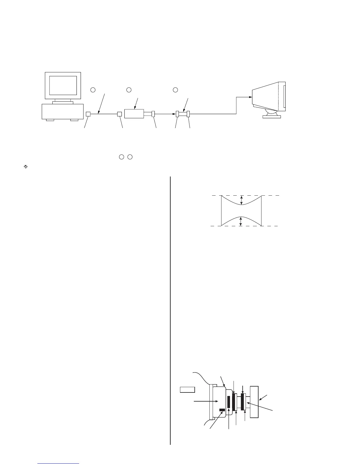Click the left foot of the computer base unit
click(50, 120)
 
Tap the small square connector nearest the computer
click(88, 114)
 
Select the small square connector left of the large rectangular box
click(119, 114)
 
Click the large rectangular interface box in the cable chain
click(134, 114)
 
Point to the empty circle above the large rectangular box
click(129, 89)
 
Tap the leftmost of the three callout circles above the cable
click(92, 89)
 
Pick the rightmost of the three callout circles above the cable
click(175, 89)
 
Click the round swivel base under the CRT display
click(272, 113)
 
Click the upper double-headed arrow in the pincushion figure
click(241, 200)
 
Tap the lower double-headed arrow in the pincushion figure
click(241, 221)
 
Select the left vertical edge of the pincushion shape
click(221, 210)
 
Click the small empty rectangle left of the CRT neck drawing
click(187, 390)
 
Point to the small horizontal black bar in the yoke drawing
click(222, 410)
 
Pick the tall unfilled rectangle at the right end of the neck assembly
click(254, 402)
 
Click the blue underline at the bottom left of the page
click(59, 464)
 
